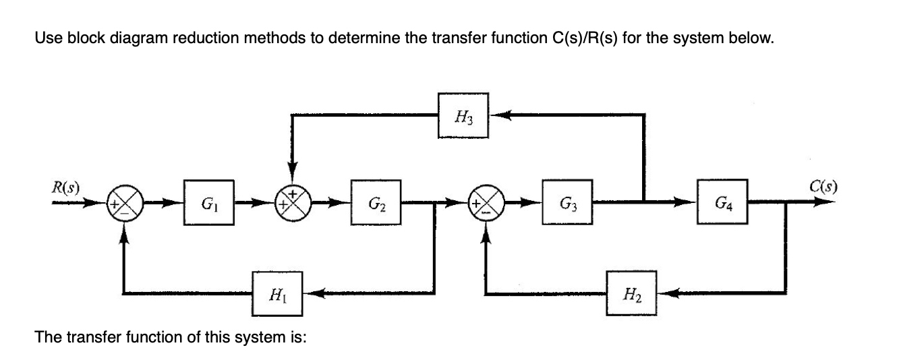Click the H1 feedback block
277,294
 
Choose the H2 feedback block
632,294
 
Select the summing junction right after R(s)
122,202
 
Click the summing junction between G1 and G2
291,202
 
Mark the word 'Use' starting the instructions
45,38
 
